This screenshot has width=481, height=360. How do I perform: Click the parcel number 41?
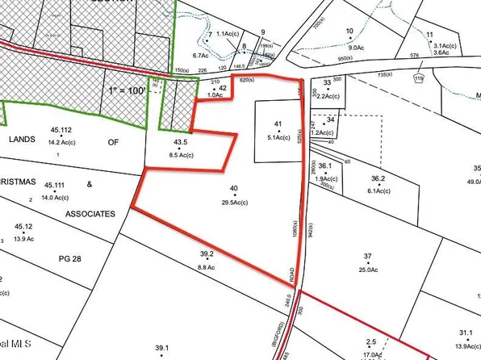click(x=278, y=124)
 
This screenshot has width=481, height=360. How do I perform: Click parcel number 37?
click(x=368, y=257)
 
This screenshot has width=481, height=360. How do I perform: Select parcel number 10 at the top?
click(x=349, y=31)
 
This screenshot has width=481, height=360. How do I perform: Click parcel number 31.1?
click(x=464, y=333)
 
